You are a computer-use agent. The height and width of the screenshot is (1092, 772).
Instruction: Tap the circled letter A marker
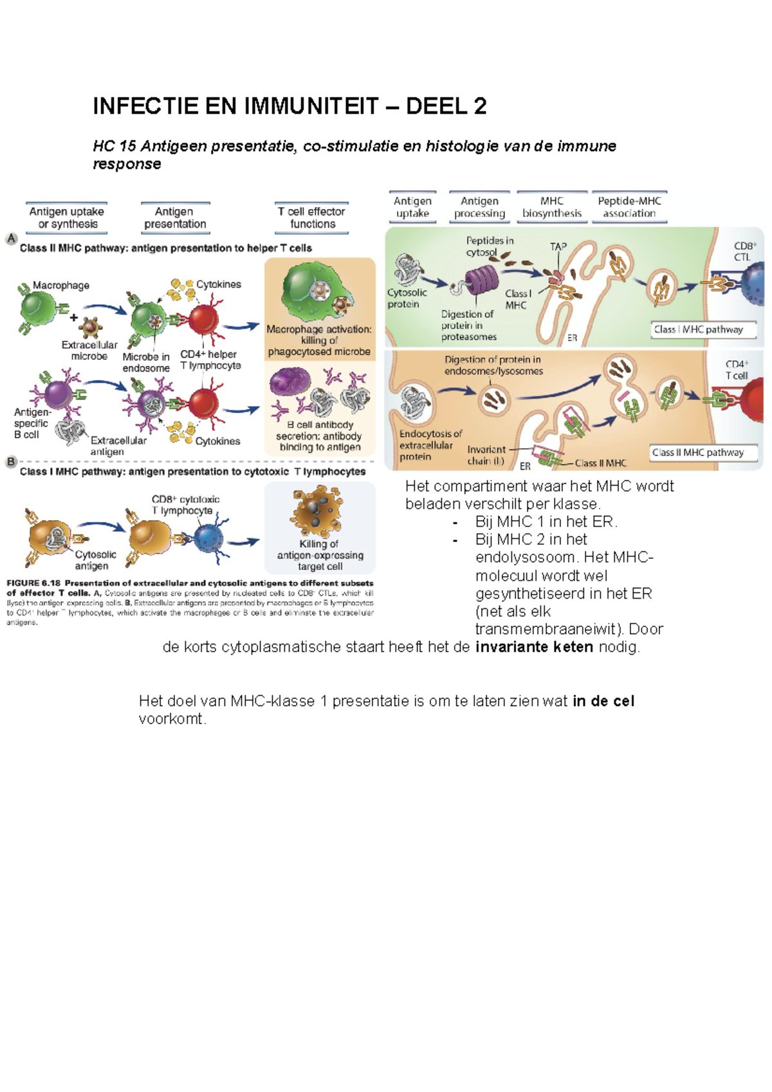coord(11,239)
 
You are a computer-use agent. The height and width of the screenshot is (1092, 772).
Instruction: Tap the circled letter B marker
coord(11,462)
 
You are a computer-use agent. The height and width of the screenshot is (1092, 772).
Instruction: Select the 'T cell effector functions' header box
coord(312,218)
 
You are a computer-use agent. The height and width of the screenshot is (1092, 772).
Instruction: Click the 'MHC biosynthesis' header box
coord(551,207)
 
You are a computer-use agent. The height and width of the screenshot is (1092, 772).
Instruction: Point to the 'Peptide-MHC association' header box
coord(629,207)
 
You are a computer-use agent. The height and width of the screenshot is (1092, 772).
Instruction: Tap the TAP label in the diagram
coord(558,246)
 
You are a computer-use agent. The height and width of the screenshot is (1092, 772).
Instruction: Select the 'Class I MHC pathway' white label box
coord(698,329)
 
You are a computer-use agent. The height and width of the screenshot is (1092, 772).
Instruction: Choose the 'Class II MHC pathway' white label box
coord(698,453)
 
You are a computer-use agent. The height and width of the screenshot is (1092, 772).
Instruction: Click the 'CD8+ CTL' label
coord(744,251)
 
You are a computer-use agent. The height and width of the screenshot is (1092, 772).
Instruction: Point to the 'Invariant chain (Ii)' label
coord(486,455)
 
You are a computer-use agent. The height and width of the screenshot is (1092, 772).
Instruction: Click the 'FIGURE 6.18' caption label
coord(33,583)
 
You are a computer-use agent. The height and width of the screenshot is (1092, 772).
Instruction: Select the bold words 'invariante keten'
coord(534,647)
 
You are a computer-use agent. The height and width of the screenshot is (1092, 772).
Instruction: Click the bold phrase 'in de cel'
coord(603,701)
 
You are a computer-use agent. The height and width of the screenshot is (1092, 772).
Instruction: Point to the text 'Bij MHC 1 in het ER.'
coord(546,522)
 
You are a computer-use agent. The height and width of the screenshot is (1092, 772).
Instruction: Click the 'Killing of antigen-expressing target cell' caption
coord(320,555)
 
